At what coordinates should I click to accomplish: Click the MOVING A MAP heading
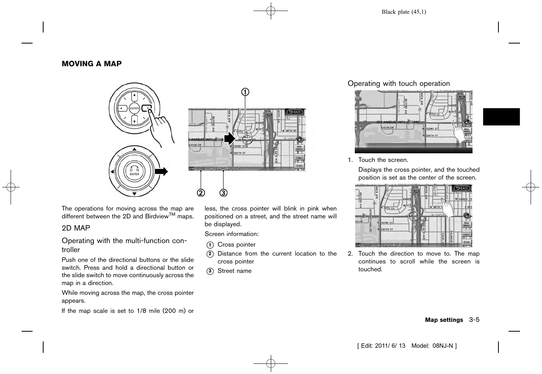(x=91, y=64)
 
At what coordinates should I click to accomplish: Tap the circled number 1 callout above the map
(x=245, y=92)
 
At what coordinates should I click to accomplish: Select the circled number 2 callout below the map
(x=201, y=193)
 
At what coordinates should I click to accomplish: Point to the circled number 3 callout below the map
(x=223, y=193)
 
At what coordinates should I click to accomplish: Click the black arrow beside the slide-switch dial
(x=161, y=171)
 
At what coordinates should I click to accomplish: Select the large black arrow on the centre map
(x=229, y=138)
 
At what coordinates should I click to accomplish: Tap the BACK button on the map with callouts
(x=295, y=112)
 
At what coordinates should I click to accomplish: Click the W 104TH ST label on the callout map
(x=240, y=153)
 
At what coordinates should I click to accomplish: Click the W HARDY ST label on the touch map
(x=464, y=200)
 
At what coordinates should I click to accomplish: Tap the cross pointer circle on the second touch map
(x=414, y=216)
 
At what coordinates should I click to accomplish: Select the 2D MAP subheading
(x=76, y=228)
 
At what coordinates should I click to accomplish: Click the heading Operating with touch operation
(x=398, y=84)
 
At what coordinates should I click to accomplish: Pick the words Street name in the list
(x=234, y=271)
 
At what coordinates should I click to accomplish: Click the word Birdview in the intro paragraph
(x=157, y=216)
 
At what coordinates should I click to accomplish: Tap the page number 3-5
(x=474, y=320)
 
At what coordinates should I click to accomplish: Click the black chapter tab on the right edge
(x=501, y=117)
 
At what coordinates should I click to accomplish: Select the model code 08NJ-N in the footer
(x=443, y=346)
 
